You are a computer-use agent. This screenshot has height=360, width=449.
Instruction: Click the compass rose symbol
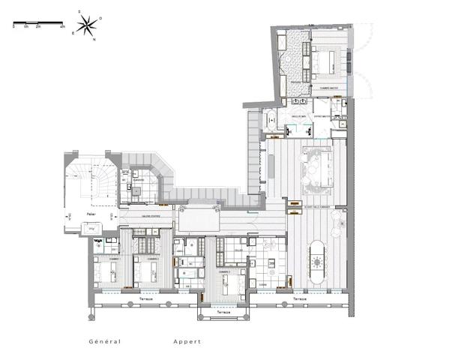point(87,25)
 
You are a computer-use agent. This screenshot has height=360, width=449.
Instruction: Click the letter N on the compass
point(94,39)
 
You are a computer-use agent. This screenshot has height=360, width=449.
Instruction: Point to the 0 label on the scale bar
point(13,26)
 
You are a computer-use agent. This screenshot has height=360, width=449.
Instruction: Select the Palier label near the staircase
point(89,214)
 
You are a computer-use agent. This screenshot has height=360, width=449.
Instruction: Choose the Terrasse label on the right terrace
point(299,298)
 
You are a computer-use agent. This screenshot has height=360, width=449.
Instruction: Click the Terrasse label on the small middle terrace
point(223,310)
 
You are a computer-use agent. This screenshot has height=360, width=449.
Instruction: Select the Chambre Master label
point(330,88)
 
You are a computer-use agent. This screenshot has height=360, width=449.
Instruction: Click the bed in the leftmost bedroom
point(109,271)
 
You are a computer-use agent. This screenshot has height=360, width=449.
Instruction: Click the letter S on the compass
point(79,13)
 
